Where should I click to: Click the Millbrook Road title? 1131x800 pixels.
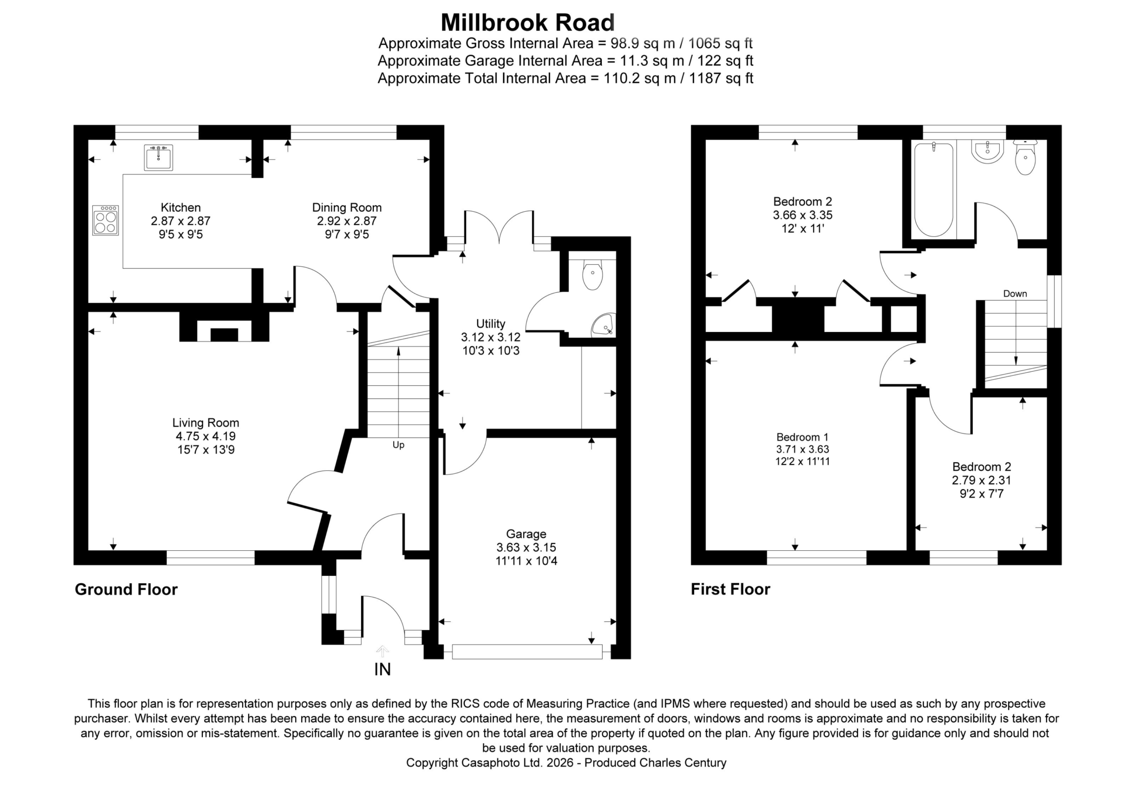(x=528, y=23)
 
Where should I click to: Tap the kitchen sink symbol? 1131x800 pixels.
(x=158, y=157)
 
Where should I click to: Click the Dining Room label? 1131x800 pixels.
(x=347, y=208)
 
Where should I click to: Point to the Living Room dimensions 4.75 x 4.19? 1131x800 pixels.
(x=206, y=436)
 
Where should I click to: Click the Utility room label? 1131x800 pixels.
(x=491, y=324)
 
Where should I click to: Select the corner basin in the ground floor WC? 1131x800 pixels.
(x=603, y=325)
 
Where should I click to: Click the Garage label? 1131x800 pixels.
(x=526, y=534)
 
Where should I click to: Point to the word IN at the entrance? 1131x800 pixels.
(x=383, y=669)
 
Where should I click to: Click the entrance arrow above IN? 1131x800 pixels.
(x=382, y=651)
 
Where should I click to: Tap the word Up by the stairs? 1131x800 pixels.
(x=399, y=445)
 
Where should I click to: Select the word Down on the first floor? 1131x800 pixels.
(x=1015, y=294)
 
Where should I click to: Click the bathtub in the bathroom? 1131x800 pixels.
(x=934, y=190)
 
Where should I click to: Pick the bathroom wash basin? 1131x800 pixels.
(x=988, y=151)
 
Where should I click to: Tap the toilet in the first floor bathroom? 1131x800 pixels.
(x=1025, y=157)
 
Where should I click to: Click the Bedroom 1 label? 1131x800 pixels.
(x=802, y=437)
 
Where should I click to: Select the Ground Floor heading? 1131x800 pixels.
(x=126, y=590)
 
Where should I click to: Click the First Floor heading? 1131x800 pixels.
(x=731, y=589)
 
